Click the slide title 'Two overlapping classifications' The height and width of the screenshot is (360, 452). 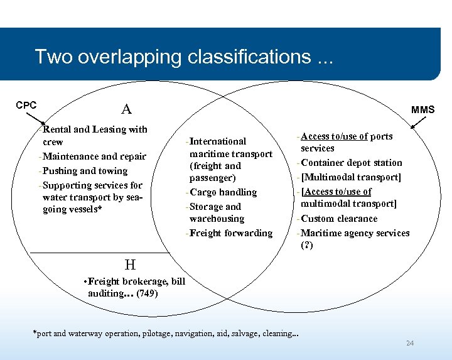click(184, 57)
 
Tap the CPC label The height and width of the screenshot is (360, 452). click(26, 105)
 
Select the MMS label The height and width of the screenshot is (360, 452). click(422, 109)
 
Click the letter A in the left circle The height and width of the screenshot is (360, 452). click(126, 109)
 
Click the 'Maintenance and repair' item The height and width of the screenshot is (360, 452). click(94, 156)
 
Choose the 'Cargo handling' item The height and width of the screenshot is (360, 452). click(224, 192)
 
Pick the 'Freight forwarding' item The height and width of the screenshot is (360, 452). click(230, 233)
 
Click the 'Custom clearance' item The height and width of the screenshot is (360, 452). click(338, 219)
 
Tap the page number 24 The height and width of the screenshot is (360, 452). click(410, 343)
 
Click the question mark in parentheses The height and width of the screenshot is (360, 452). click(307, 245)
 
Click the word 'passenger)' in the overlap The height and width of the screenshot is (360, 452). click(213, 178)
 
